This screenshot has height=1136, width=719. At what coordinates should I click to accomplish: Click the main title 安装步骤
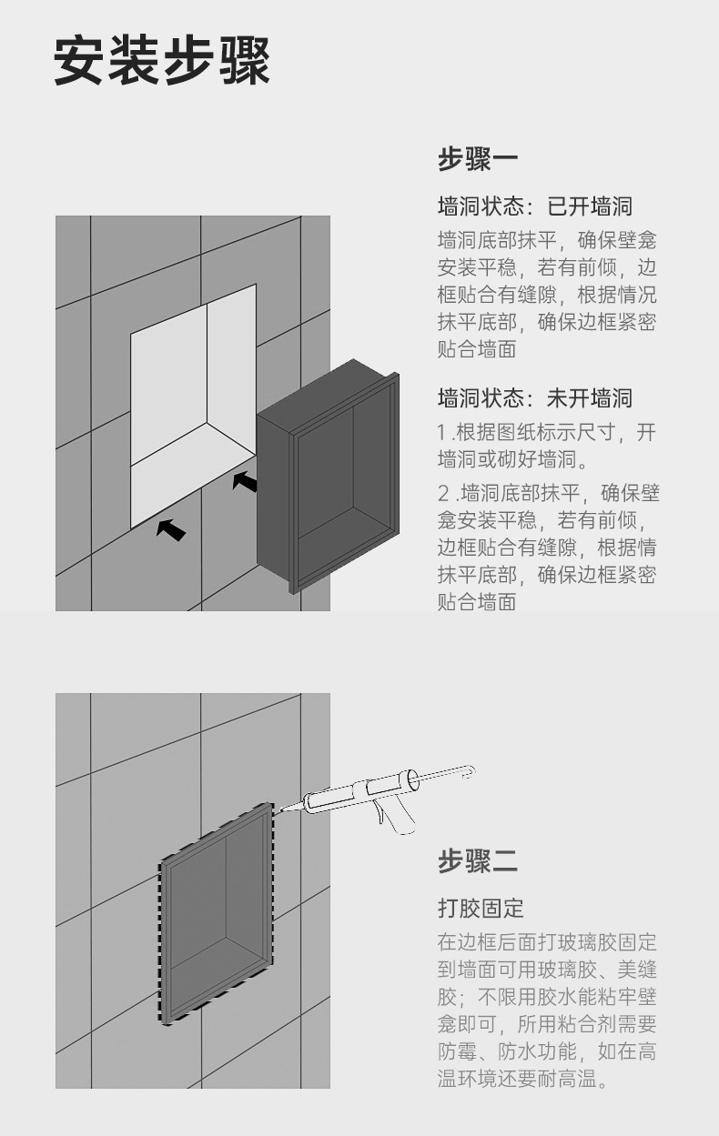162,62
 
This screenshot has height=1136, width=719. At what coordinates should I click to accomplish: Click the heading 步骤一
477,160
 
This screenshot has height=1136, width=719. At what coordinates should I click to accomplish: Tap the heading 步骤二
477,860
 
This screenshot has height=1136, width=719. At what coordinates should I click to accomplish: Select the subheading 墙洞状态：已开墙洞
534,206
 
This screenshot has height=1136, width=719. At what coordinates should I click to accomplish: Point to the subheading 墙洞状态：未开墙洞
534,398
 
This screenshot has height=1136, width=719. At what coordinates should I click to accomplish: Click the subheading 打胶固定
481,908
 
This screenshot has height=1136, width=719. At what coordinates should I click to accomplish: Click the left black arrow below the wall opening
170,528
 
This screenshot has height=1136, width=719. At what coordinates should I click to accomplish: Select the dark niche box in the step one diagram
328,473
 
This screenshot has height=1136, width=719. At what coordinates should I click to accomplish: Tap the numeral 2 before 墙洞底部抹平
443,494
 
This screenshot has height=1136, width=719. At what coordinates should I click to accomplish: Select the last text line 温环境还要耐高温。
522,1080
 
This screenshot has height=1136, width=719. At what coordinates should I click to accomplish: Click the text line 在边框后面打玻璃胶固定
546,941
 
